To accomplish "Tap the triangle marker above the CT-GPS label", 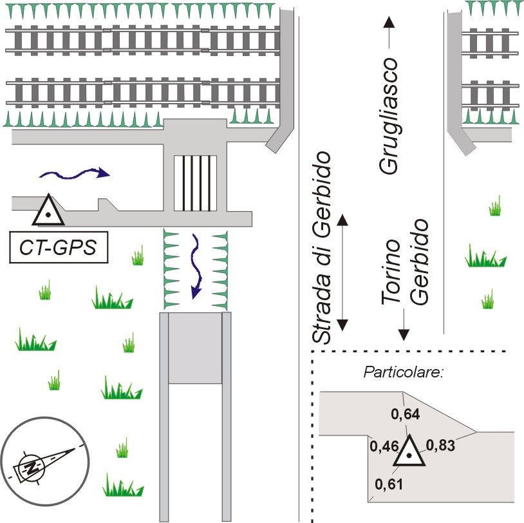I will (x=48, y=211).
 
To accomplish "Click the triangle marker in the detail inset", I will (x=409, y=452).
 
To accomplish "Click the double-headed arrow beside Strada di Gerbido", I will (x=342, y=272).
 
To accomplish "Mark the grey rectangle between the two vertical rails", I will (x=195, y=348).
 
